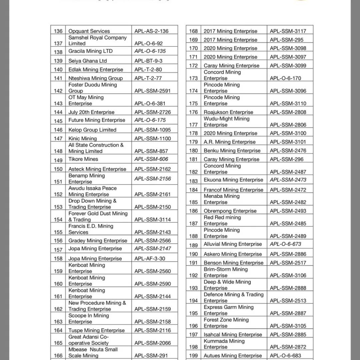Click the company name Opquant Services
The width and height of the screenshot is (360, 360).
(89, 31)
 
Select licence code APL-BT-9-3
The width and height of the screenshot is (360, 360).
(148, 61)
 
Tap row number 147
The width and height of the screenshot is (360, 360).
(58, 139)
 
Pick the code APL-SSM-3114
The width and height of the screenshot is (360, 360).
(152, 219)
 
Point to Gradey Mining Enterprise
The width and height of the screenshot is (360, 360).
(98, 241)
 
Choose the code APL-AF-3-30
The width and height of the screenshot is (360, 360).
(150, 258)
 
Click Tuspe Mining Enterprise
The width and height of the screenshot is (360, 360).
(96, 330)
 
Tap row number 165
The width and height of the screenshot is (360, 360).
(58, 343)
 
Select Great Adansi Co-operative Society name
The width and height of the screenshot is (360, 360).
(89, 340)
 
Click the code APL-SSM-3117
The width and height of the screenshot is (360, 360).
(288, 31)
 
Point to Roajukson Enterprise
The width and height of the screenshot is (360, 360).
(228, 112)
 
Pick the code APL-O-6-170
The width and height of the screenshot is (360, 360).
(285, 78)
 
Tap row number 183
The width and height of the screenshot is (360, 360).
(193, 181)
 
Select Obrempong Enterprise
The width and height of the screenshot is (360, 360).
(230, 211)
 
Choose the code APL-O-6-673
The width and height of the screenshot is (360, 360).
(285, 244)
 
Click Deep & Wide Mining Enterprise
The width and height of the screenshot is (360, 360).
(227, 285)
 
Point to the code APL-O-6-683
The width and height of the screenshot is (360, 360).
(285, 356)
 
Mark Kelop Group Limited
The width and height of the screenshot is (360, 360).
(92, 130)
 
